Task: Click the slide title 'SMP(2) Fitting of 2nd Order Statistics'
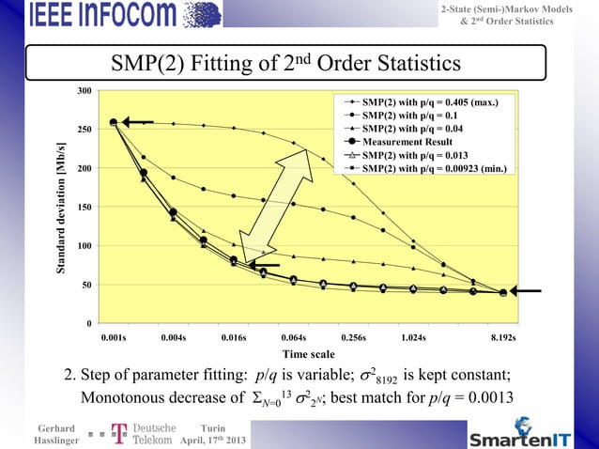coord(285,63)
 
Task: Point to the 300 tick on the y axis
coord(84,90)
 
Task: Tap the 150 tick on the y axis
coord(84,207)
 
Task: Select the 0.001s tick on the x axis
coord(114,335)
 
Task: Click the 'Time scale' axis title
coord(309,354)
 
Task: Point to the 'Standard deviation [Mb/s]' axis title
coord(61,209)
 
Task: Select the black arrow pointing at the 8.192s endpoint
coord(527,291)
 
